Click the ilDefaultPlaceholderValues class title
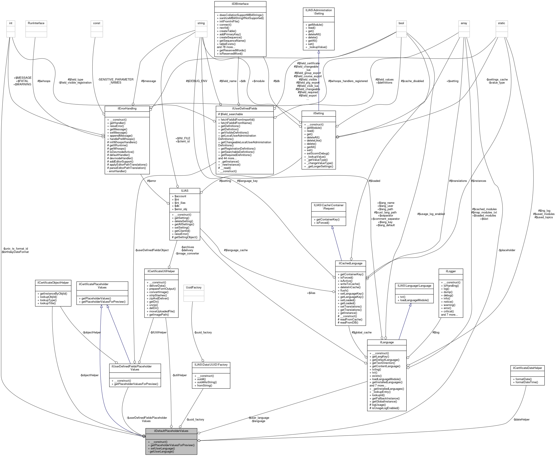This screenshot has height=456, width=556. [171, 431]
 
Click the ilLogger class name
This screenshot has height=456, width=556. [451, 271]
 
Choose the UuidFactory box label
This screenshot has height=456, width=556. [194, 287]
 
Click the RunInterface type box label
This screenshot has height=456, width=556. [36, 23]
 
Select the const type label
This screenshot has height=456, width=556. [97, 23]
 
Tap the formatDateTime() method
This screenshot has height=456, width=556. [525, 382]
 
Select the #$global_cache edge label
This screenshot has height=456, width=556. [362, 333]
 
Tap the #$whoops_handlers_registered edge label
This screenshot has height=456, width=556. [348, 81]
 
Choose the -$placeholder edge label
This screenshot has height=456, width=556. [507, 250]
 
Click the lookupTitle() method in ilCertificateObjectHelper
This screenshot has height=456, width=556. [47, 303]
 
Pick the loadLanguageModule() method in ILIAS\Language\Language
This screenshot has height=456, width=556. [413, 300]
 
